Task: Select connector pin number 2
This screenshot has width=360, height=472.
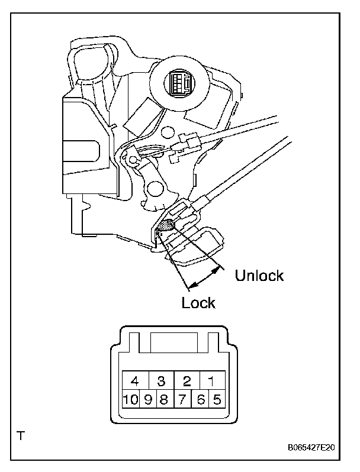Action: [187, 380]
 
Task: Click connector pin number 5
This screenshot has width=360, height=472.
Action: [217, 399]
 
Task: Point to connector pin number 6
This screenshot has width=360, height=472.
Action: [201, 399]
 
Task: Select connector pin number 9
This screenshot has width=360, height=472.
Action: [147, 399]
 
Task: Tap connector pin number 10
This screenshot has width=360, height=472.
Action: [130, 399]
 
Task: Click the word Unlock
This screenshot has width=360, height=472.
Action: [259, 276]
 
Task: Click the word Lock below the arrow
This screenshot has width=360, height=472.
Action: [198, 303]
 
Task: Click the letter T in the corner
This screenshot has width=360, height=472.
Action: [21, 437]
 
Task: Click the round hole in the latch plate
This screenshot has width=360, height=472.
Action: [156, 189]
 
